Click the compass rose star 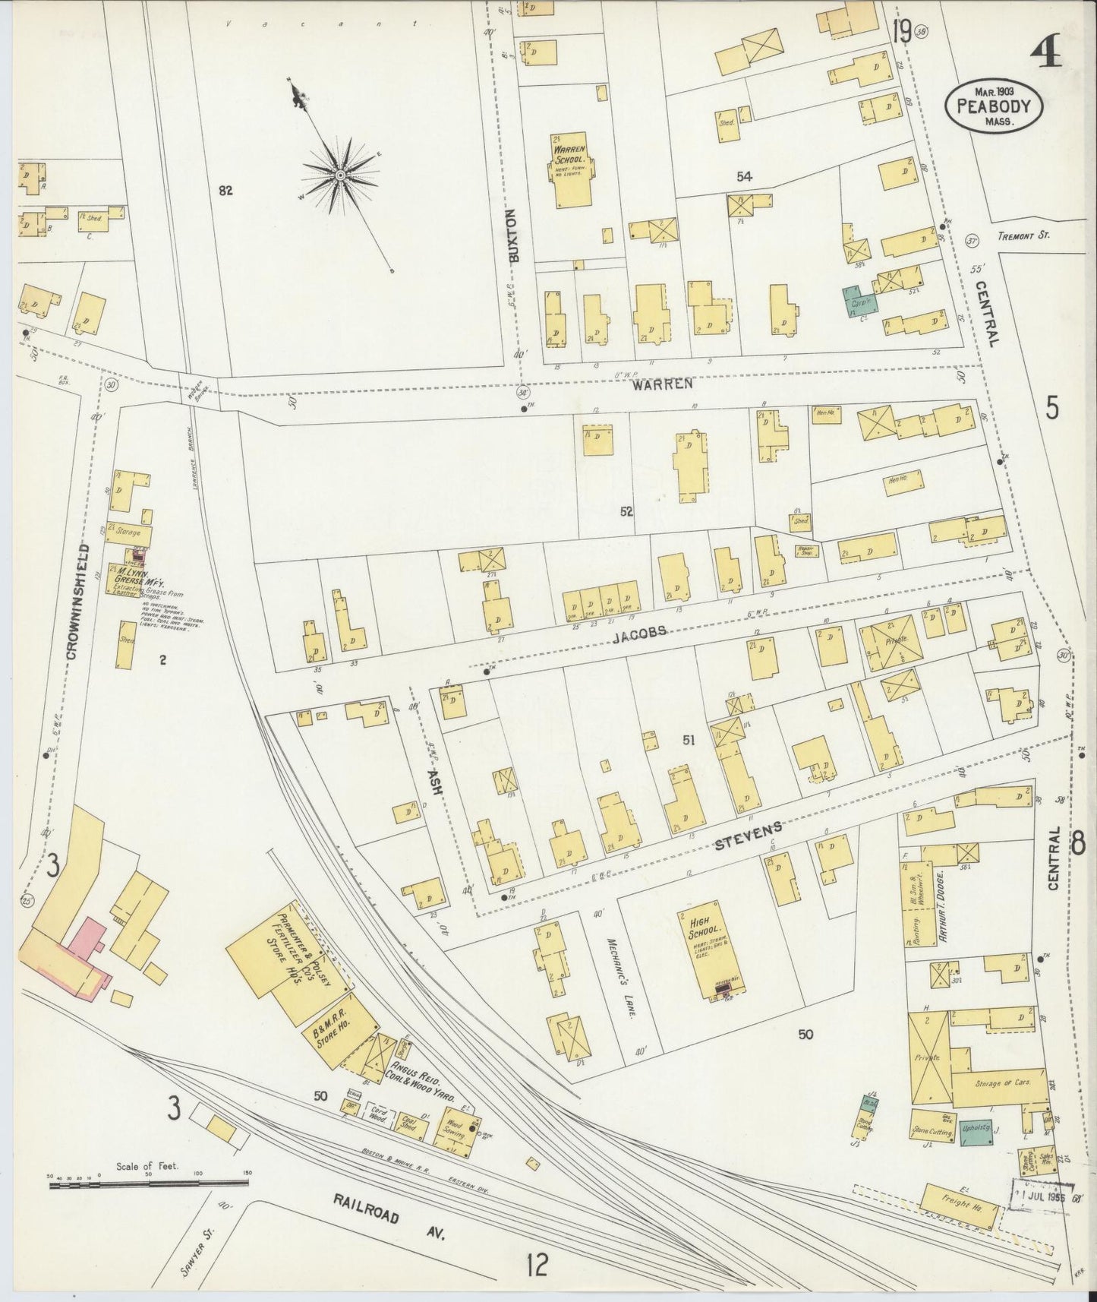(341, 176)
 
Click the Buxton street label (515, 236)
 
